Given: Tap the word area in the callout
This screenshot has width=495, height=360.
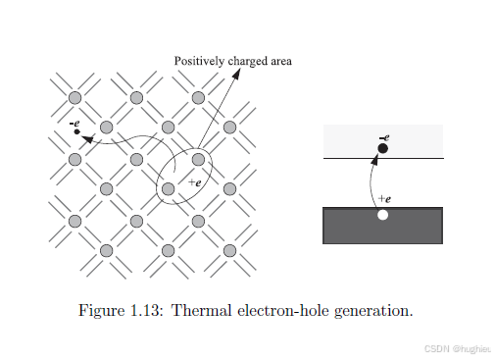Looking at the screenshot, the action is pyautogui.click(x=281, y=62).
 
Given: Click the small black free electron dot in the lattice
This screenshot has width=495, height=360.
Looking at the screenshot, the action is pyautogui.click(x=77, y=131).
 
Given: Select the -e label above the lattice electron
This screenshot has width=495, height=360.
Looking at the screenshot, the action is pyautogui.click(x=74, y=124).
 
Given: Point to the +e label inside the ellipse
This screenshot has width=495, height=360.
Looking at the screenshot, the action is pyautogui.click(x=195, y=182).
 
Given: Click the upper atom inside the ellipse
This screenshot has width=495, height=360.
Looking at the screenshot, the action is pyautogui.click(x=198, y=160).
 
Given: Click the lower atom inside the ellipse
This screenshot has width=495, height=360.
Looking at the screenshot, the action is pyautogui.click(x=168, y=188).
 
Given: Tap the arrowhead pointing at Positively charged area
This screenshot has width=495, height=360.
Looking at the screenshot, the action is pyautogui.click(x=236, y=74).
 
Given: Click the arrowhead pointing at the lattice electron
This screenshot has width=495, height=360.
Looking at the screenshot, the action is pyautogui.click(x=86, y=139).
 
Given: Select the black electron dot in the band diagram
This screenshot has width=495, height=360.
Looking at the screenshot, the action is pyautogui.click(x=383, y=148).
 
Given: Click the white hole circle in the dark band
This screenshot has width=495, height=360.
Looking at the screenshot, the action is pyautogui.click(x=382, y=215).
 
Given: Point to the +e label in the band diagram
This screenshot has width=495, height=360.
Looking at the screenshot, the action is pyautogui.click(x=384, y=198).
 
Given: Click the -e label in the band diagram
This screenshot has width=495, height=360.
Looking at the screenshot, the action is pyautogui.click(x=384, y=137).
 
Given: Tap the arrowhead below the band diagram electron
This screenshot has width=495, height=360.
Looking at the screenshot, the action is pyautogui.click(x=374, y=159).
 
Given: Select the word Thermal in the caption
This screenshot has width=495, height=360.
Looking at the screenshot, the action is pyautogui.click(x=201, y=310).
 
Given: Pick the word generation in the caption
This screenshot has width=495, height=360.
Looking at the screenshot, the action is pyautogui.click(x=373, y=311).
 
